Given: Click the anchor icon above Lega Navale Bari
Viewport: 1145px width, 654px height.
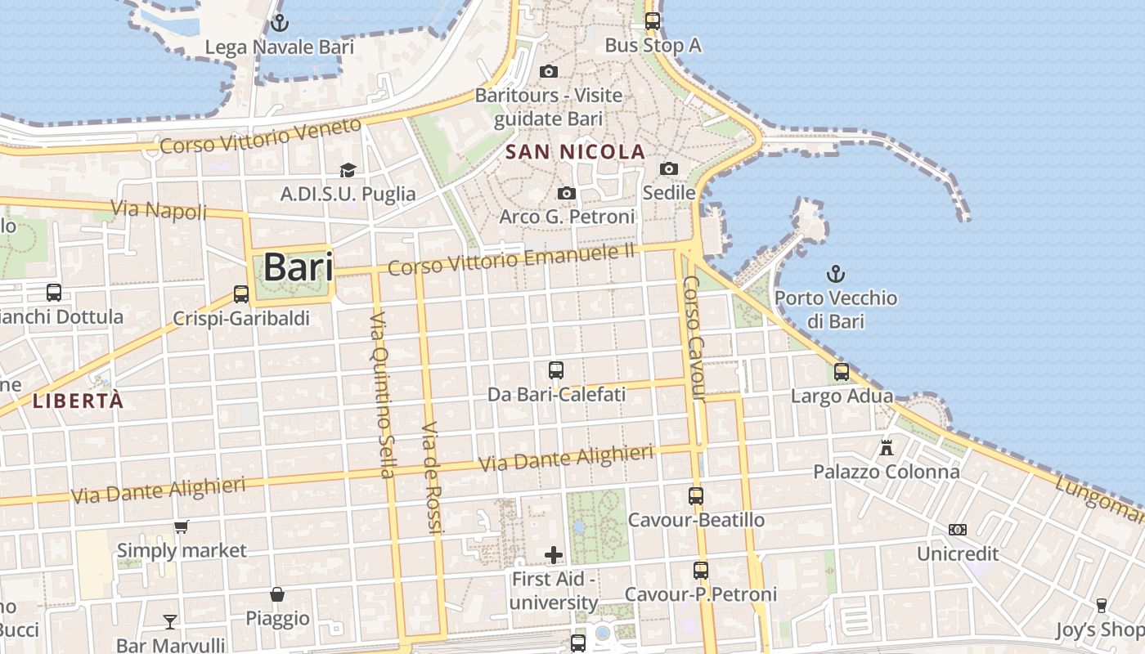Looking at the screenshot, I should pos(281,22).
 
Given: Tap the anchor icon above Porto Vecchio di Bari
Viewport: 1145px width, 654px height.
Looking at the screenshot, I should pos(836,274).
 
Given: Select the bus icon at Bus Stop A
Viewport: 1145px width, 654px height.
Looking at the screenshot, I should pos(652,21).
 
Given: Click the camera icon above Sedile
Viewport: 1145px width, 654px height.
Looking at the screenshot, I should pos(669,168).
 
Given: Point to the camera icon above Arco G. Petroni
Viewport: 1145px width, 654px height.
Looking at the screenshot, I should pos(566,193).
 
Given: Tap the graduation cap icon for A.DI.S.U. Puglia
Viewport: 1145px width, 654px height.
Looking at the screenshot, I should pos(348,170).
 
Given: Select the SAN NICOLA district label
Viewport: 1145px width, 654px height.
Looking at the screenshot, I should pos(576,152).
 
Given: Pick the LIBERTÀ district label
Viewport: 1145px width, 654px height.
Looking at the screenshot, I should pos(79,401).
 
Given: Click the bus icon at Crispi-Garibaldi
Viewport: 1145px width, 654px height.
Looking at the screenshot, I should pos(240,293).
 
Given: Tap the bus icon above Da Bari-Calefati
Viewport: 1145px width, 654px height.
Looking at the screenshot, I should pos(556,370).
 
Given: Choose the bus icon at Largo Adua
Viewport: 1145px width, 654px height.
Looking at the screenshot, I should pos(842,372).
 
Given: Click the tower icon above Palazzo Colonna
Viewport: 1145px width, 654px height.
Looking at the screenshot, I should pos(886,447).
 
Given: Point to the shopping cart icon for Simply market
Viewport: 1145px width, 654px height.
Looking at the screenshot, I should pos(182,526).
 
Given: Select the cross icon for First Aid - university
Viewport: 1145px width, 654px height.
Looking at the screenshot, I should pos(554,555).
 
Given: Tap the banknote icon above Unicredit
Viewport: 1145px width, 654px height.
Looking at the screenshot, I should pos(958,530).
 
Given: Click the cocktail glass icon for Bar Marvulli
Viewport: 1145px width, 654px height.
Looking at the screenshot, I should pos(170,621).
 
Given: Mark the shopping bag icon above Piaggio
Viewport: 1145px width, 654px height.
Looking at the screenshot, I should pos(278,594).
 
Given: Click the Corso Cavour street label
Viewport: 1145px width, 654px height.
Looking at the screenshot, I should pos(694,338).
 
